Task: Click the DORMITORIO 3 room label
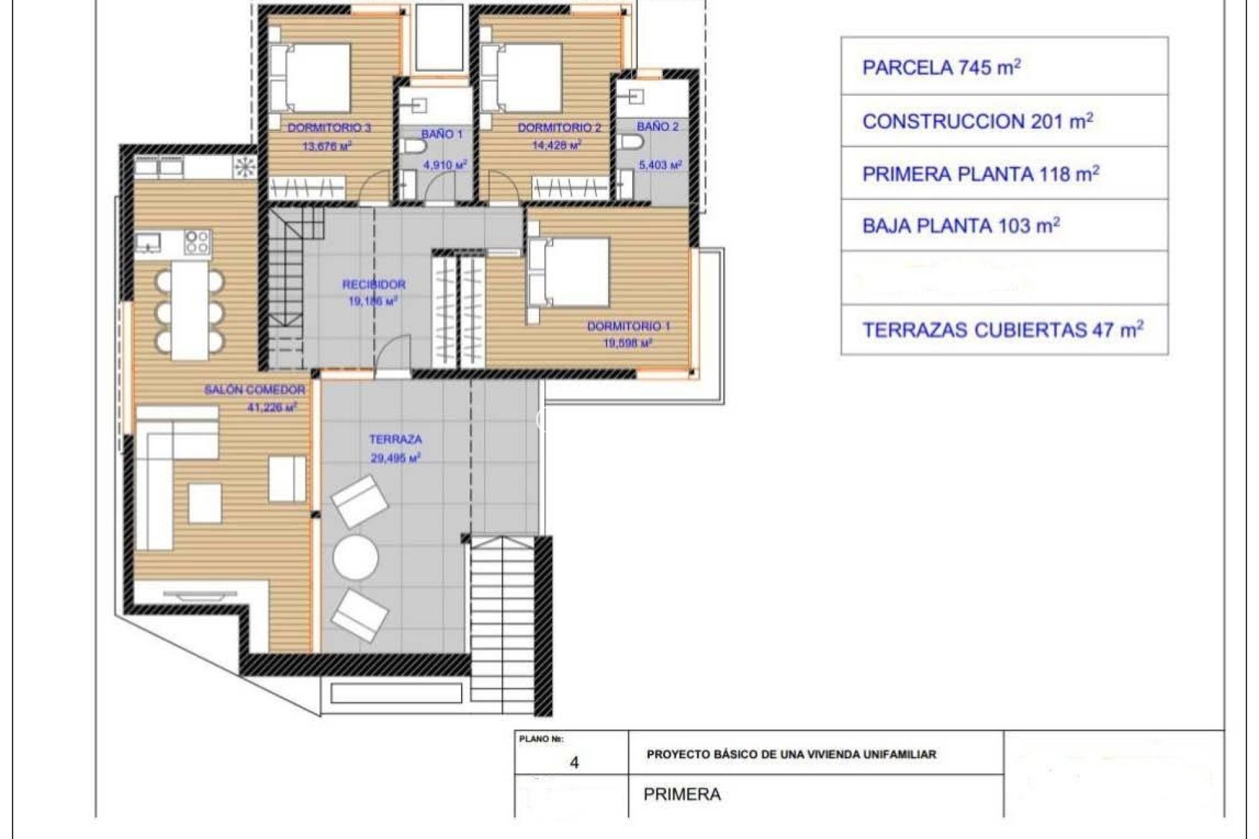coord(329,128)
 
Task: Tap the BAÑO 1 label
coord(442,134)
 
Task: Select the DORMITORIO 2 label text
coord(559,128)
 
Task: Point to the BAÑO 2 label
coord(658,127)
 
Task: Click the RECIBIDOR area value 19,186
coord(374,302)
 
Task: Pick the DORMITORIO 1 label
coord(628,326)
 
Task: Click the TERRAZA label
coord(395,439)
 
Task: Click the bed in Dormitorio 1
coord(569,273)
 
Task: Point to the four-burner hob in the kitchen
coord(197,241)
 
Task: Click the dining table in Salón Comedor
coord(190,310)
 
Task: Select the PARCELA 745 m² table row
coord(1005,67)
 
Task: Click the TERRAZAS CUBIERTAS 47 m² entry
coord(1005,330)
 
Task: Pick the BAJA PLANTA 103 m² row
coord(1005,226)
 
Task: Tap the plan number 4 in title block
coord(574,763)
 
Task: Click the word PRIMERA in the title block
coord(682,794)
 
